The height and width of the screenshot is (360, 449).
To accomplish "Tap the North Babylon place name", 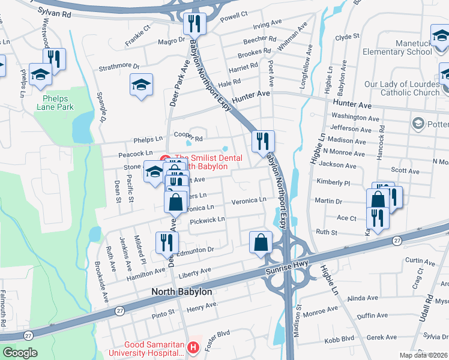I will tap(182, 292).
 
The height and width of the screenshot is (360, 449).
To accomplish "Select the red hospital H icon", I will tap(193, 347).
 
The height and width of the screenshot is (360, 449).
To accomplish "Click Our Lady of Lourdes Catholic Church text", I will tap(402, 89).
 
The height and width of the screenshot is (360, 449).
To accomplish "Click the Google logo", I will tap(20, 353).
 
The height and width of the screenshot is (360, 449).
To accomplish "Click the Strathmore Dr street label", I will tap(119, 67).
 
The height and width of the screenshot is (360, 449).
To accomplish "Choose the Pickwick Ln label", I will tap(207, 221).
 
